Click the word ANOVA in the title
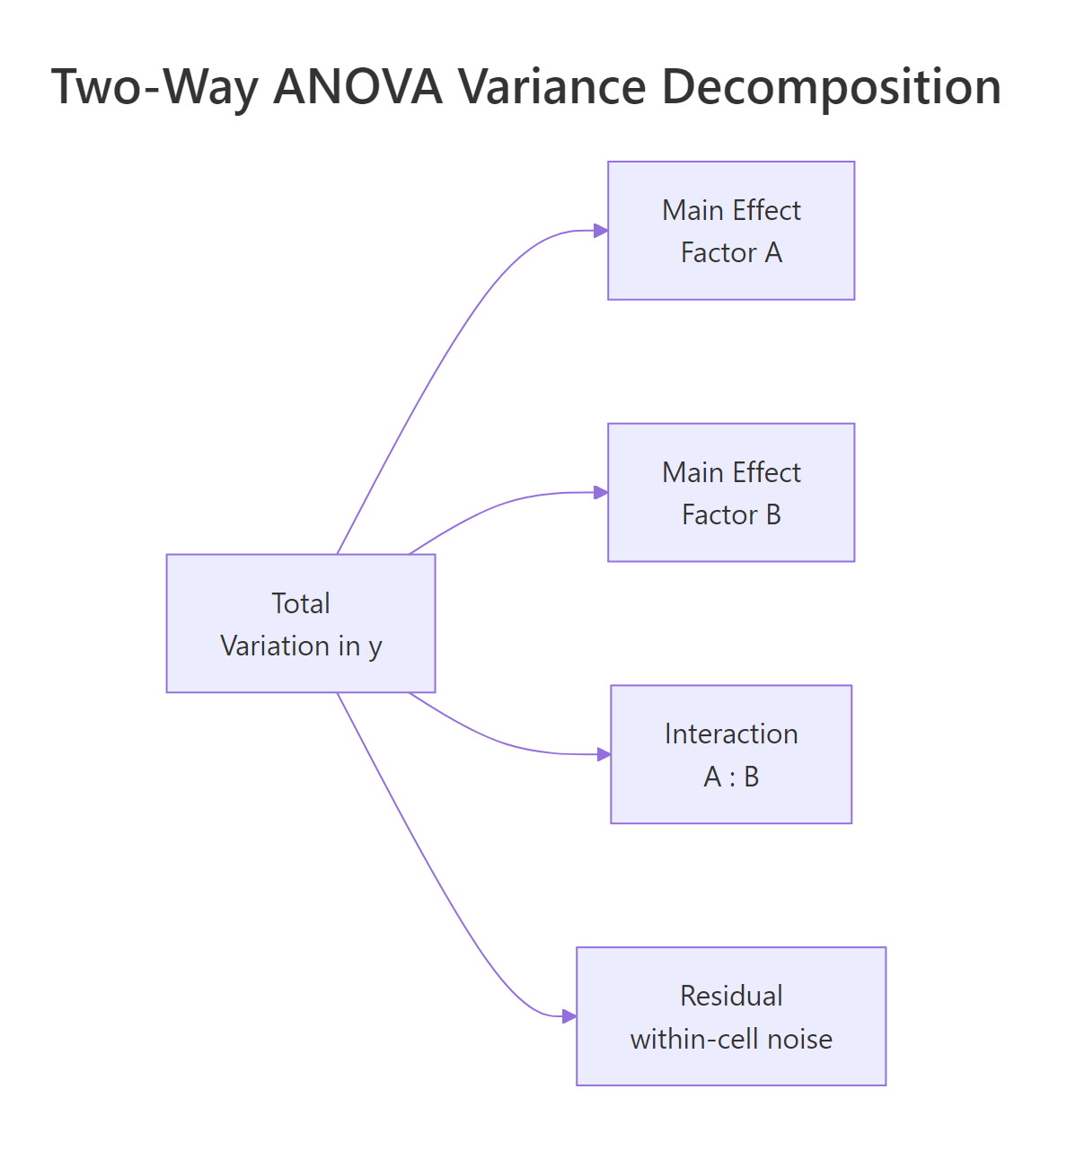pos(357,87)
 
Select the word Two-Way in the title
pos(155,87)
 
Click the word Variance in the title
pos(551,87)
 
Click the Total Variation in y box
pos(301,623)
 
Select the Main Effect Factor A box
pos(731,231)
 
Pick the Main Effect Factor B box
pos(731,492)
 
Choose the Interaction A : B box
pos(731,754)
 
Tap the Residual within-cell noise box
pos(731,1016)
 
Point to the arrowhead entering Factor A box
pos(601,231)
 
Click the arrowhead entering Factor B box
pos(601,492)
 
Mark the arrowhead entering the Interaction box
pos(604,754)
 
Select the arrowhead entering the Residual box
pos(569,1016)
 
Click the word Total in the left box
pos(301,603)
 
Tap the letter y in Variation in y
pos(375,646)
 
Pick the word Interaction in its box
pos(731,734)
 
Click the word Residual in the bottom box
pos(731,996)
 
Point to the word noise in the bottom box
pos(798,1039)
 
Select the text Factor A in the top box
pos(731,252)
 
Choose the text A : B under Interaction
pos(731,777)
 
